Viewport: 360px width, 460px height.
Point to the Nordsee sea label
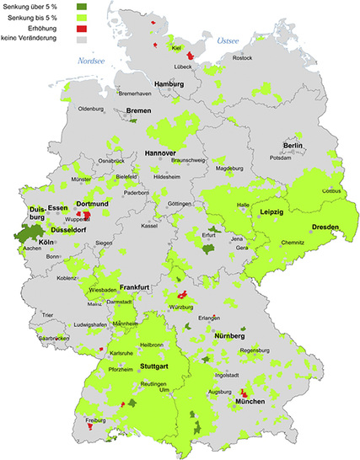(91, 62)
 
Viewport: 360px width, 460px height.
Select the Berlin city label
(293, 146)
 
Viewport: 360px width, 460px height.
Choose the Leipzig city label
(274, 211)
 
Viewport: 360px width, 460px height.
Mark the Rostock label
(242, 57)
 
